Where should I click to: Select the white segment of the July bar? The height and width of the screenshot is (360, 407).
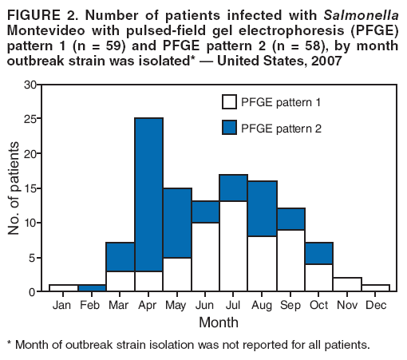233,246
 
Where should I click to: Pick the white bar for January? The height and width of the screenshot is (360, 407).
63,287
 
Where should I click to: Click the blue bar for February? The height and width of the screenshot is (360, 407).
92,287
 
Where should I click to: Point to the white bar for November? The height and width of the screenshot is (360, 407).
346,284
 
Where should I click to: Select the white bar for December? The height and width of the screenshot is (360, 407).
374,287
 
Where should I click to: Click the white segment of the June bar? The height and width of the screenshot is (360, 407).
205,256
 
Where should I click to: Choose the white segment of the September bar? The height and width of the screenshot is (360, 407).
290,260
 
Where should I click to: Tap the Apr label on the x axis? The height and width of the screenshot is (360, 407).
148,304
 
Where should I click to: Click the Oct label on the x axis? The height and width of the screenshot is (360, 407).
318,304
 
